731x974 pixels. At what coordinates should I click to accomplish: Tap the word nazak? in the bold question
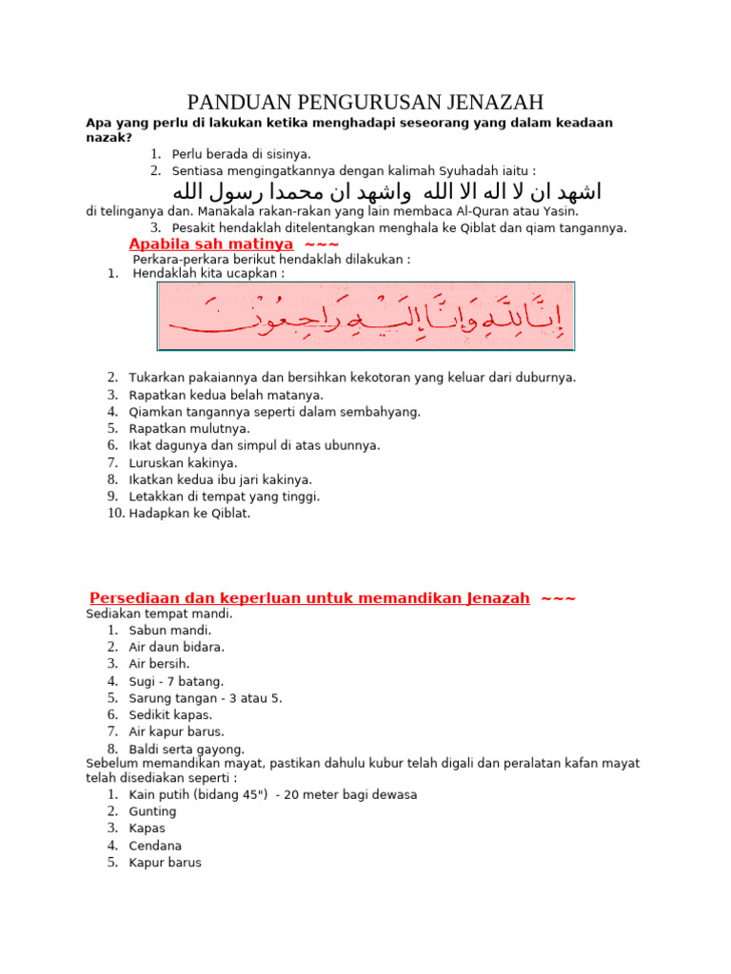tap(109, 137)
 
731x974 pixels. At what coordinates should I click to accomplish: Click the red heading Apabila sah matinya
tap(210, 244)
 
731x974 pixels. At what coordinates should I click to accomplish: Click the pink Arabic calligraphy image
tap(366, 316)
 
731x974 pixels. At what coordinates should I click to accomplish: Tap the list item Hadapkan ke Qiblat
tap(189, 514)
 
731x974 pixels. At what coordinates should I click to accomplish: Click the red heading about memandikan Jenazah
tap(309, 598)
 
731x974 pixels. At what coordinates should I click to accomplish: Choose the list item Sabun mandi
tap(170, 630)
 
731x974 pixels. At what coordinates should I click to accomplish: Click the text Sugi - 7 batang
tap(176, 681)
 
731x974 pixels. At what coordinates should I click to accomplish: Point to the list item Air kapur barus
tap(176, 731)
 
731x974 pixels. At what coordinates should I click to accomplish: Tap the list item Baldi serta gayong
tap(187, 750)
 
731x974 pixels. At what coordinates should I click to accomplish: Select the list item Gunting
tap(152, 811)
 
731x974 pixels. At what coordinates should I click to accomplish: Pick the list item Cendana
tap(155, 846)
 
